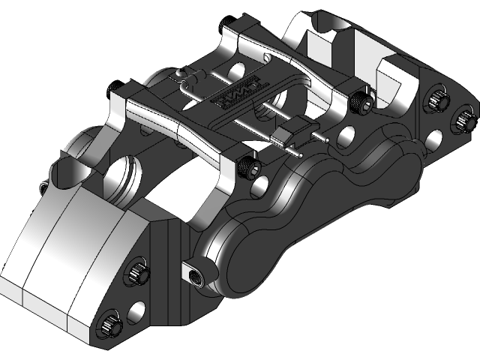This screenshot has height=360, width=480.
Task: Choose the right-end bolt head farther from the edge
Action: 436,100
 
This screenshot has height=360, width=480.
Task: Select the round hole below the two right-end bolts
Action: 433,139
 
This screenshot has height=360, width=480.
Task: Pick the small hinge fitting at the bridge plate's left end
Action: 179,73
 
